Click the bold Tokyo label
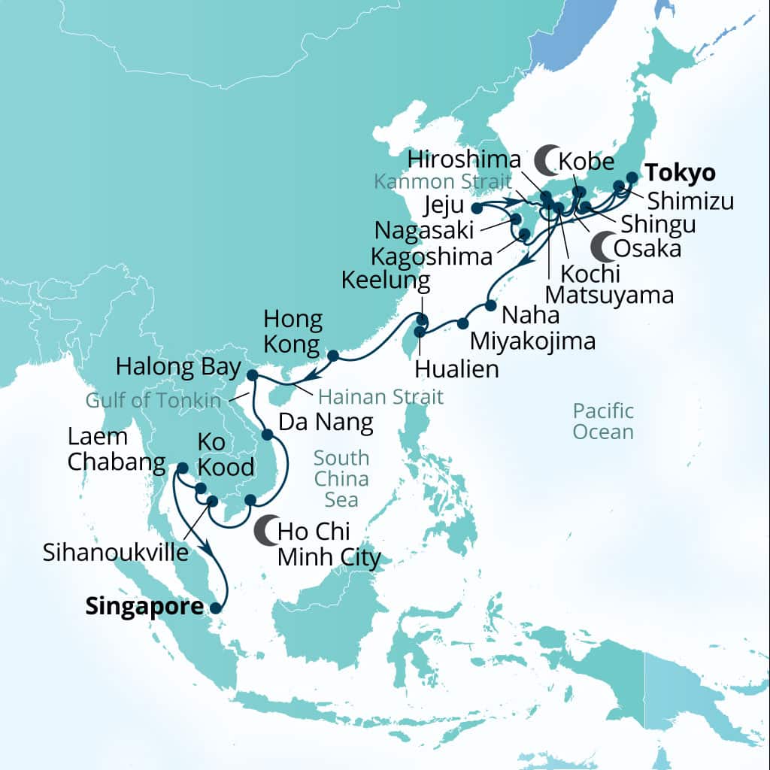[x=682, y=172]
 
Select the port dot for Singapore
[x=217, y=609]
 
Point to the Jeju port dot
[x=476, y=208]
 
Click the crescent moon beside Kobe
[x=545, y=159]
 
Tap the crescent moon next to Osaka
[x=602, y=244]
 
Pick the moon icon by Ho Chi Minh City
[x=265, y=531]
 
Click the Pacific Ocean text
[x=603, y=421]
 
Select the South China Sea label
[x=341, y=478]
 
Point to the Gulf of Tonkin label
[x=153, y=400]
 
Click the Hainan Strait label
[x=380, y=396]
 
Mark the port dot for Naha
[x=490, y=306]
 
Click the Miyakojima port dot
[x=462, y=323]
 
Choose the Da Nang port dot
[x=267, y=435]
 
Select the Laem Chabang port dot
[x=182, y=468]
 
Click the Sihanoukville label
[x=115, y=553]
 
